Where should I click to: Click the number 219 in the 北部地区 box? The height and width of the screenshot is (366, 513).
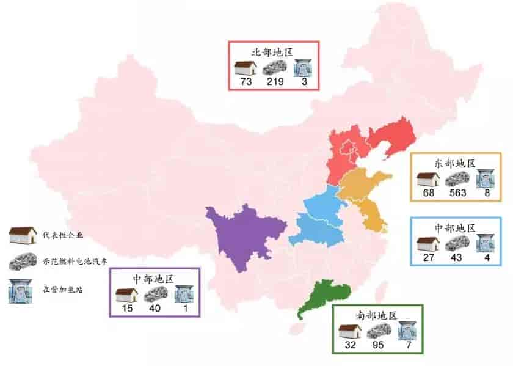pos(275,82)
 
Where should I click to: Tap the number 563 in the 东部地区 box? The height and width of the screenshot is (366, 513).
pos(456,193)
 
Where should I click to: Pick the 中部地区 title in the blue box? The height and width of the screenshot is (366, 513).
pos(455,227)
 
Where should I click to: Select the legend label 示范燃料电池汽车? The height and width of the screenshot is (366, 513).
pos(73,262)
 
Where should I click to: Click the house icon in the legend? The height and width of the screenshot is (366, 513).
pos(23,235)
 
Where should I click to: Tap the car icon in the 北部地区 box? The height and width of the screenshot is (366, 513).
pos(275,67)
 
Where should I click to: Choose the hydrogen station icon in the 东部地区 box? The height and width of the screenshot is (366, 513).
pos(487,178)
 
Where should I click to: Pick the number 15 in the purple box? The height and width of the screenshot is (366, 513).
pos(126,308)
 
